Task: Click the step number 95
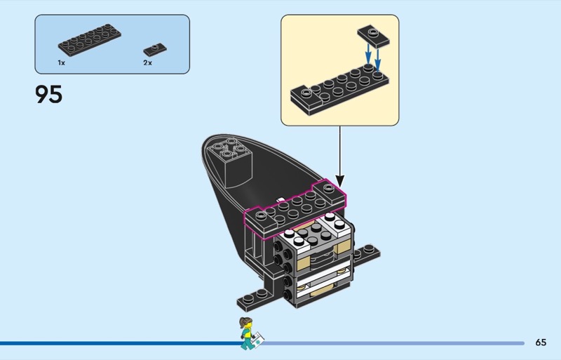pos(48,94)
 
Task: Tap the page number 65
pos(541,342)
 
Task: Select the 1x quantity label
pos(62,62)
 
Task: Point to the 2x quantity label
pos(147,62)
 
